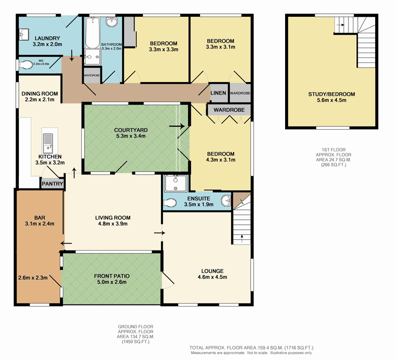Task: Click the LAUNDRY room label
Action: (x=47, y=38)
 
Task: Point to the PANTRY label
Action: (x=52, y=184)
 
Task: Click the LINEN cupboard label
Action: (x=218, y=93)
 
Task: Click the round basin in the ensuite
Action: (x=226, y=201)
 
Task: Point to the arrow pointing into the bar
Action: (x=66, y=243)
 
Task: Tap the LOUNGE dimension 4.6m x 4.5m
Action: (x=212, y=277)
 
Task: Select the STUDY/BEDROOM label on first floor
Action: (x=332, y=94)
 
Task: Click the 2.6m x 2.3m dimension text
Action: (x=33, y=278)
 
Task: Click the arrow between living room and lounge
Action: (x=160, y=232)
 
